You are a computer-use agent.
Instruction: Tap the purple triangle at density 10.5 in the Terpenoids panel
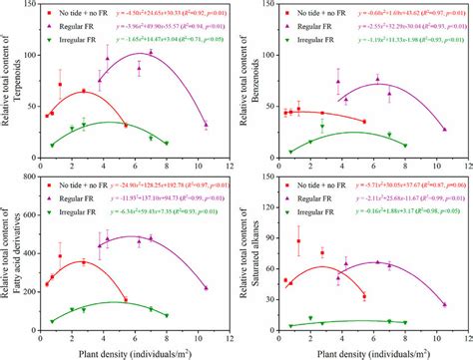207,125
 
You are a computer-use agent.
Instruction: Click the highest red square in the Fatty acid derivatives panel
60,256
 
